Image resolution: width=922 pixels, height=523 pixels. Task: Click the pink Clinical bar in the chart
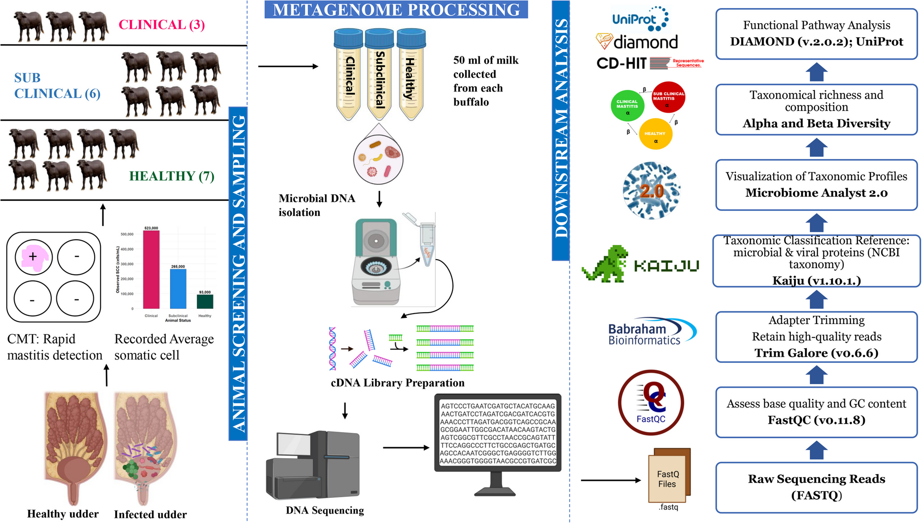coord(151,270)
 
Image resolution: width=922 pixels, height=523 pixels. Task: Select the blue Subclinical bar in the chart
coord(178,289)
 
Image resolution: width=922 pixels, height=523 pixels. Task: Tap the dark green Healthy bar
coord(205,302)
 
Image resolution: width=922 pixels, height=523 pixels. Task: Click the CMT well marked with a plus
coord(33,257)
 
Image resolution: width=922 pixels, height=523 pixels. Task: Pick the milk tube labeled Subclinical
coord(379,74)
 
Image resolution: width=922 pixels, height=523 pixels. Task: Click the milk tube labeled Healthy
coord(411,74)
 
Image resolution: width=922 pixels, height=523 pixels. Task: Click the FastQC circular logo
coord(651,403)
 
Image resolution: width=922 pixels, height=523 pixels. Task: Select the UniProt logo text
coord(634,19)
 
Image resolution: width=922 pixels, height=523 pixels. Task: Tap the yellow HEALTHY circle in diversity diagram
coord(655,134)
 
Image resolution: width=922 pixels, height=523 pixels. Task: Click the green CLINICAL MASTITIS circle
coord(627,106)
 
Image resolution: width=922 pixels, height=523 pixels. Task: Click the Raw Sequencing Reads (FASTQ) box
coord(816,487)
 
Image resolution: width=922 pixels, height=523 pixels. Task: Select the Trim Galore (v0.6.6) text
coord(816,353)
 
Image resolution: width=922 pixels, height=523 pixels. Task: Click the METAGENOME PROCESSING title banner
coord(396,9)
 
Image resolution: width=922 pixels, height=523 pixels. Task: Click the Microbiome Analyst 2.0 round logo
coord(652,191)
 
